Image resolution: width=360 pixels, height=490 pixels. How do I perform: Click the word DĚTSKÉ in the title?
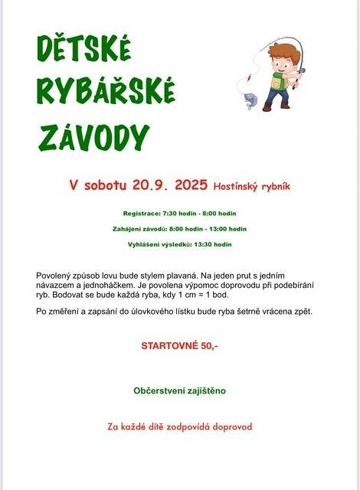(84, 51)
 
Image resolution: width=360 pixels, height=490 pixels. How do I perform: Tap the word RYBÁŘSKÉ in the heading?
(106, 93)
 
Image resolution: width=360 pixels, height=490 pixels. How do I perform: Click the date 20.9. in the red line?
(151, 185)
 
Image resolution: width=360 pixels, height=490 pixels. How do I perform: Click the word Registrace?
(141, 213)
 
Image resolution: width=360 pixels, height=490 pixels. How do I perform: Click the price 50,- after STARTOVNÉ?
(209, 346)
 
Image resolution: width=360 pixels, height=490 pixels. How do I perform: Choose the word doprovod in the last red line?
(227, 426)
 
